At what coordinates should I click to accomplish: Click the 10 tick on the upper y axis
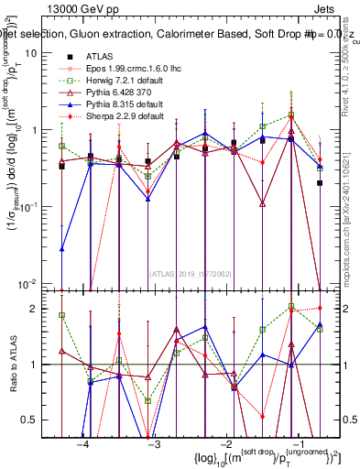[42, 53]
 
